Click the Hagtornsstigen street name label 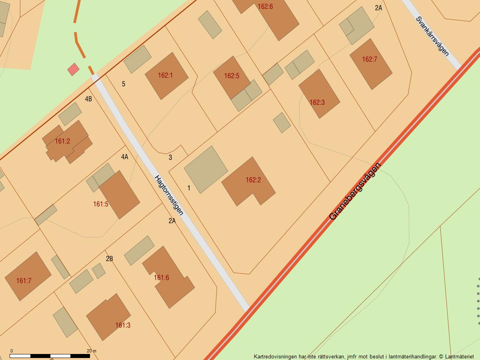click(169, 195)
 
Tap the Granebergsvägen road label click(355, 191)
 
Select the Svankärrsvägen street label click(432, 36)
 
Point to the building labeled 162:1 click(166, 76)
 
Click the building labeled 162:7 click(370, 64)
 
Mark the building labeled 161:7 click(27, 276)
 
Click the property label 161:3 click(123, 325)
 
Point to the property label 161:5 click(101, 204)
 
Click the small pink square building click(73, 69)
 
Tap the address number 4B click(88, 99)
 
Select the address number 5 click(124, 84)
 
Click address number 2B click(109, 259)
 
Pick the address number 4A click(125, 157)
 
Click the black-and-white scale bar click(50, 356)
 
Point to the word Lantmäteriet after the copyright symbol click(459, 356)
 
